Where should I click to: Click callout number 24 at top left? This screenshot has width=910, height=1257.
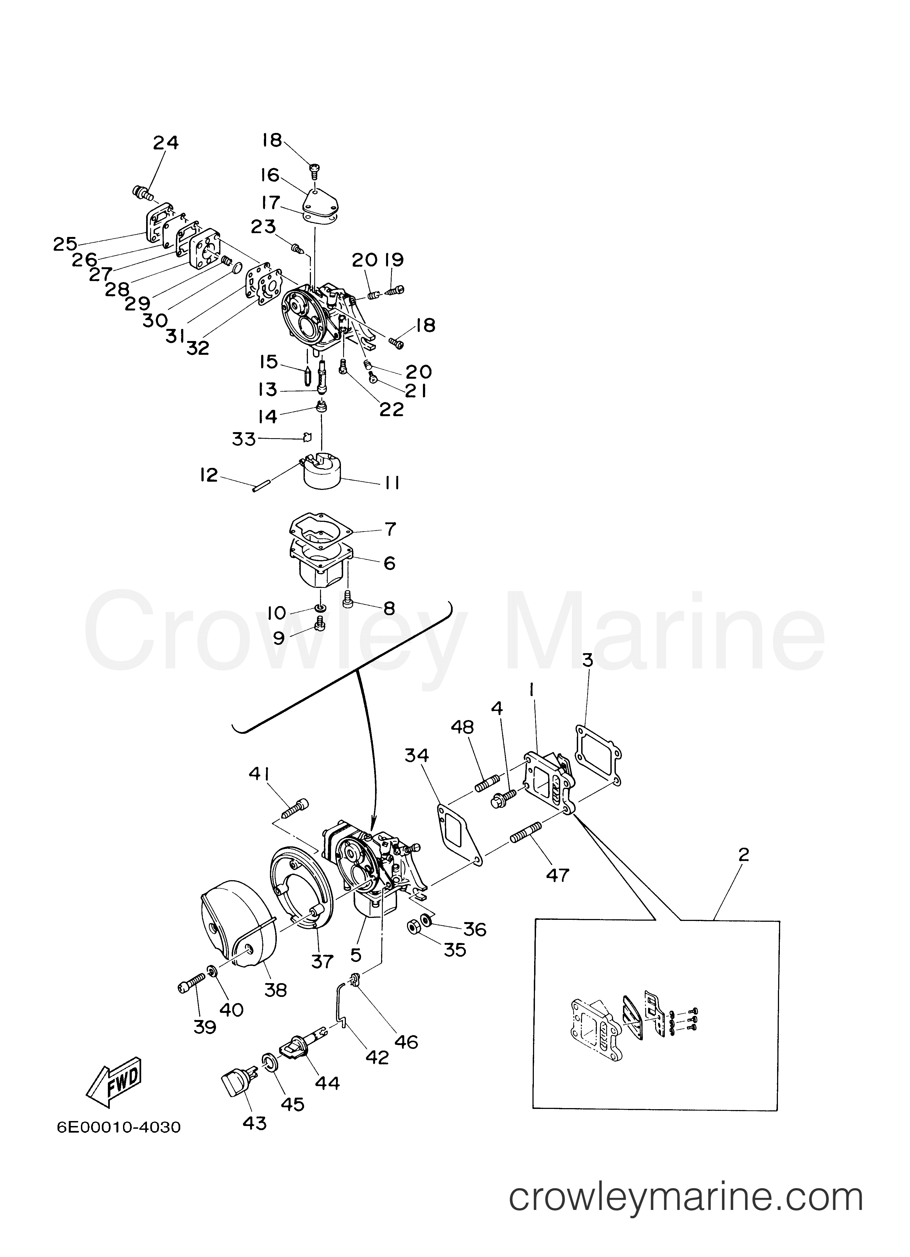click(166, 143)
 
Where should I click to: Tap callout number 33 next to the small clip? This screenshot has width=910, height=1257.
click(244, 439)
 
